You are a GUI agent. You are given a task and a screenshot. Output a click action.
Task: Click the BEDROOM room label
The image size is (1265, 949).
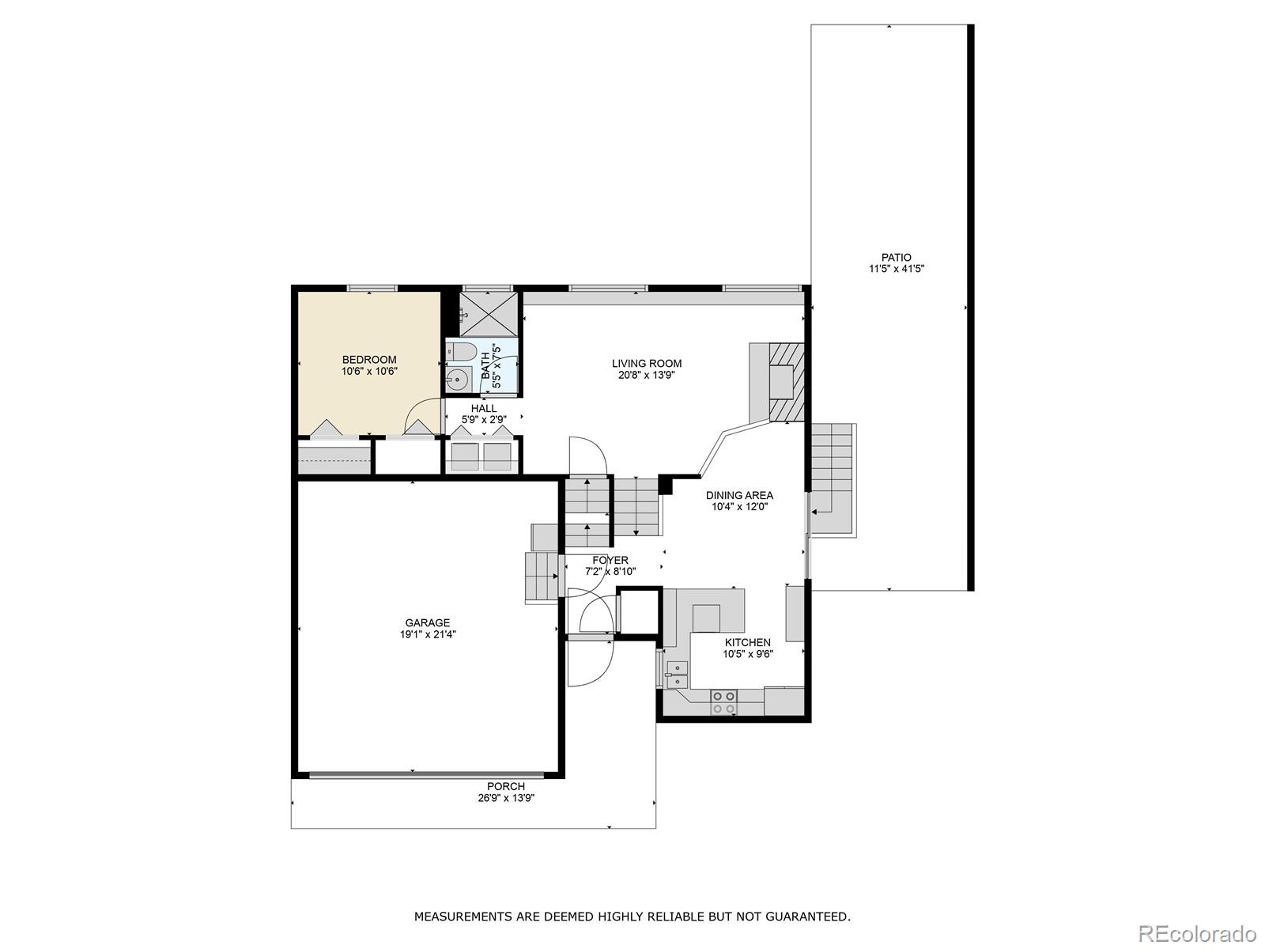pyautogui.click(x=369, y=360)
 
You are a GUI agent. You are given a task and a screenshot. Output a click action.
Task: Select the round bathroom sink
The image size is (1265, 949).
pyautogui.click(x=457, y=380)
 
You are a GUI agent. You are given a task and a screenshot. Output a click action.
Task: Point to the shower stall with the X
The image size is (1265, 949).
pyautogui.click(x=489, y=314)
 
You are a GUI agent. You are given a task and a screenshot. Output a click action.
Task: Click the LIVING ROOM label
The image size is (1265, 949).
pyautogui.click(x=647, y=364)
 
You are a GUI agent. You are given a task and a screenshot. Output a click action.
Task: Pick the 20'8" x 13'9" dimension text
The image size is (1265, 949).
pyautogui.click(x=646, y=375)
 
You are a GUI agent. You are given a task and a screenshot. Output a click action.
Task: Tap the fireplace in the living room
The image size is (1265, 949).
pyautogui.click(x=776, y=382)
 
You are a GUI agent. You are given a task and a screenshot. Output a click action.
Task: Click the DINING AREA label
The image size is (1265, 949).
pyautogui.click(x=739, y=496)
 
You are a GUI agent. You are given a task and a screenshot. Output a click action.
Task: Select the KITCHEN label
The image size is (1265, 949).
pyautogui.click(x=747, y=642)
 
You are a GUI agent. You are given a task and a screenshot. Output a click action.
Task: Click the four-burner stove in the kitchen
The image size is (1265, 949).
pyautogui.click(x=724, y=702)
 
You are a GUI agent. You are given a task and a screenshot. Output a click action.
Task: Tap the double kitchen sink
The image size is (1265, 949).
pyautogui.click(x=677, y=675)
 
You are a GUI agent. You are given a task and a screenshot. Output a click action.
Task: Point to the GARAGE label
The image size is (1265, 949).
pyautogui.click(x=427, y=623)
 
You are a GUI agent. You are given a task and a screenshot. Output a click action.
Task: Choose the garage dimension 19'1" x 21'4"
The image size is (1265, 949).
pyautogui.click(x=428, y=634)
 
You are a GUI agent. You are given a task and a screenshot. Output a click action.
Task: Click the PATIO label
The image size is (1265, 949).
pyautogui.click(x=896, y=258)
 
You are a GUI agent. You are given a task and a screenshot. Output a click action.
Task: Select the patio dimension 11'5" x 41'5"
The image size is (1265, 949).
pyautogui.click(x=896, y=269)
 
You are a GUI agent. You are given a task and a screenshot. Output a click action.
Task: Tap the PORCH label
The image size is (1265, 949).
pyautogui.click(x=506, y=787)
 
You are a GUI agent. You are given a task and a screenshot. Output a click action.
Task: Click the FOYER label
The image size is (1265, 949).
pyautogui.click(x=610, y=560)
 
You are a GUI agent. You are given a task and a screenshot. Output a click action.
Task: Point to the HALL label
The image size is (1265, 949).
pyautogui.click(x=484, y=409)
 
